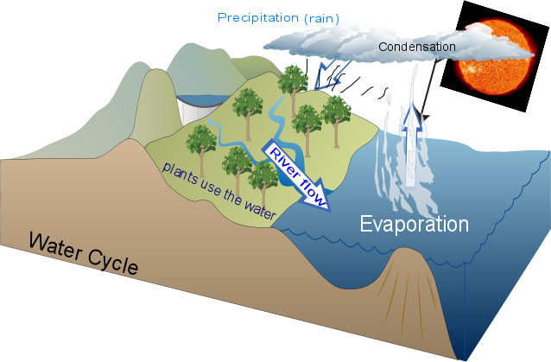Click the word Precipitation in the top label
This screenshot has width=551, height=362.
tap(258, 18)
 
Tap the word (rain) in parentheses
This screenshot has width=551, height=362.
tap(321, 18)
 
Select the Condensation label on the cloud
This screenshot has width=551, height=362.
tap(417, 47)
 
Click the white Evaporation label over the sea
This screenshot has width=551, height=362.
tap(415, 224)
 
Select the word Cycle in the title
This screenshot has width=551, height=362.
tap(113, 262)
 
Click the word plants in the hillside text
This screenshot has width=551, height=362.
tap(180, 175)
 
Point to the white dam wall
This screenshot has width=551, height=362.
tap(193, 111)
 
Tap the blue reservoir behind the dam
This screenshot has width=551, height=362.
tap(199, 100)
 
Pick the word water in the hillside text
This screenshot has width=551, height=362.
tap(260, 209)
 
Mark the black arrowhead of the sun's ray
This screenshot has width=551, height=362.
tap(424, 117)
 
